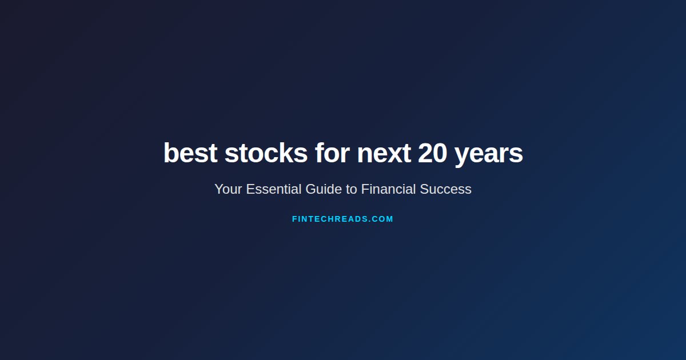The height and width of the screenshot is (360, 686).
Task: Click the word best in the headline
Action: tap(190, 153)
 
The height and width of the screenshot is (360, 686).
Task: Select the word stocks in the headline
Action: tap(266, 153)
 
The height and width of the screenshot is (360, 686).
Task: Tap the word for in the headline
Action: tap(332, 153)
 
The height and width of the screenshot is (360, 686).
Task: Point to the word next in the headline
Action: tap(384, 153)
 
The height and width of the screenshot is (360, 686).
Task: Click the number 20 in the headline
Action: tap(432, 153)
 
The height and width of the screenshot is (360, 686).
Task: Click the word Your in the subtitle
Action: tap(228, 189)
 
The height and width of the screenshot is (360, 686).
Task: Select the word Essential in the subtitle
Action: tap(274, 189)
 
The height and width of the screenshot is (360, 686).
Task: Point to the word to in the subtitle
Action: tap(351, 189)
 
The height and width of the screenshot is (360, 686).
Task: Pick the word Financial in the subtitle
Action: tap(388, 189)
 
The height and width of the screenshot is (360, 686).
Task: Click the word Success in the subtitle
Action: tap(446, 189)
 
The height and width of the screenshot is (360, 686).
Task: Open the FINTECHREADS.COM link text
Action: tap(342, 219)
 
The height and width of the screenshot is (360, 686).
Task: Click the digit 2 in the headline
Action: tap(425, 153)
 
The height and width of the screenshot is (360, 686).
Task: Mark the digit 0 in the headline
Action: tap(440, 153)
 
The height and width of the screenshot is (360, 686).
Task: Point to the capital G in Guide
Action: tap(310, 189)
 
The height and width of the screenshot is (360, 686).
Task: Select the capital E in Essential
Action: tap(250, 189)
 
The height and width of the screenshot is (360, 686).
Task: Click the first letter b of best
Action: tap(170, 153)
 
